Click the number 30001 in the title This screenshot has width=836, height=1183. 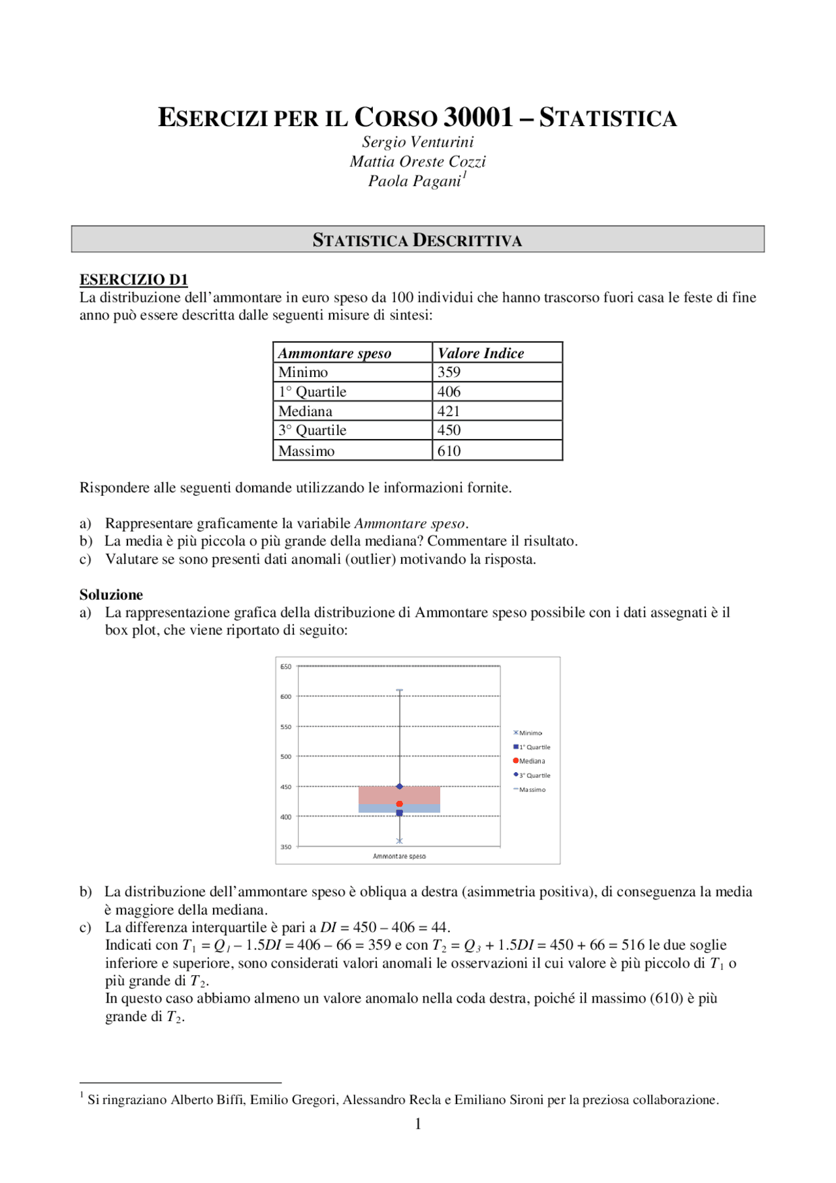[x=478, y=118]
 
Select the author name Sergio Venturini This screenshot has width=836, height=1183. [x=418, y=142]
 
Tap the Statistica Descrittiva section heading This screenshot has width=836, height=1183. [x=417, y=240]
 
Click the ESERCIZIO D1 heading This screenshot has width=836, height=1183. [x=134, y=280]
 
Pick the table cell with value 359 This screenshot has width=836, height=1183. [x=449, y=372]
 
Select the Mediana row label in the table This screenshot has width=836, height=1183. [x=305, y=412]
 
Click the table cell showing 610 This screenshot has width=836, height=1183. [x=449, y=451]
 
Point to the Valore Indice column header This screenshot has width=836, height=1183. [x=481, y=353]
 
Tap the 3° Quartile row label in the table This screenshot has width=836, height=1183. [x=312, y=430]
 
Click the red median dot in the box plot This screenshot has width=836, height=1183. [x=400, y=804]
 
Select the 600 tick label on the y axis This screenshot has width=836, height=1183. [x=286, y=696]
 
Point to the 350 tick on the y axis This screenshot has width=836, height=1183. [x=286, y=847]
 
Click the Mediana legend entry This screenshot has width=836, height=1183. [x=532, y=761]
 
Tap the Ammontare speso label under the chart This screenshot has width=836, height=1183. [x=399, y=856]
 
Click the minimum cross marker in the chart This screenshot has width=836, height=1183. [x=400, y=841]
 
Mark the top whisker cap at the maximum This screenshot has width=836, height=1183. [x=400, y=690]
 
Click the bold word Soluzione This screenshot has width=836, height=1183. [x=111, y=594]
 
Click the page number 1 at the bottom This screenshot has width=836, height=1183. [x=418, y=1124]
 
